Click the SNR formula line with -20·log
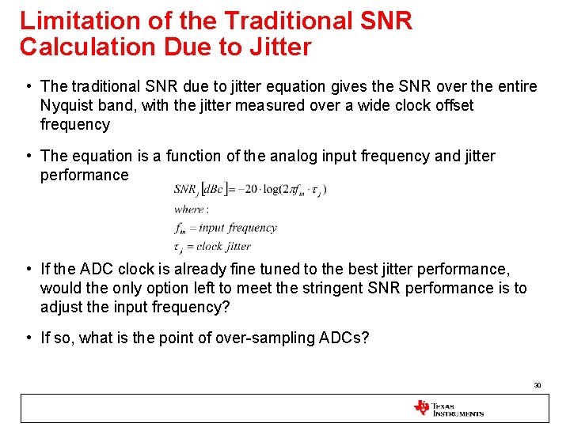coord(250,189)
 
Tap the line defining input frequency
coord(226,228)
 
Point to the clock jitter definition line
coord(212,246)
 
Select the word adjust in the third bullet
coord(62,307)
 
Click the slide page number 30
coord(537,385)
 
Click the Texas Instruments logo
coord(448,408)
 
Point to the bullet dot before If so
coord(28,338)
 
